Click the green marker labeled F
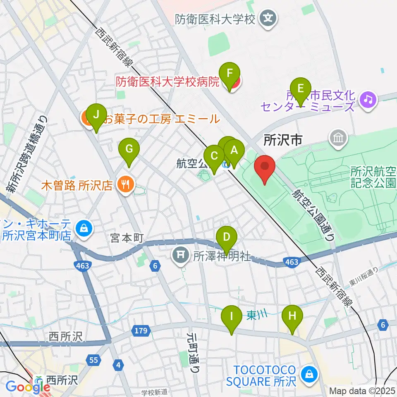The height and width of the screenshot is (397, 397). coord(232,74)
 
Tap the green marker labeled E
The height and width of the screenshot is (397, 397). coord(301,88)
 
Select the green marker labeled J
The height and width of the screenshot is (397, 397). coord(96,115)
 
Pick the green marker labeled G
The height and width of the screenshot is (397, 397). coord(129,148)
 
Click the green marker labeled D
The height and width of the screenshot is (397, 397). coord(227,238)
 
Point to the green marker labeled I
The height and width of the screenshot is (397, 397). coord(232,317)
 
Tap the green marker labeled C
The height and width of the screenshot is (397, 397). coord(214,157)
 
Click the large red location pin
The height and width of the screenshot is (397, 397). coord(265,167)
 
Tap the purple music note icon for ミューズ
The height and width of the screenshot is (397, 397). coord(367,99)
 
